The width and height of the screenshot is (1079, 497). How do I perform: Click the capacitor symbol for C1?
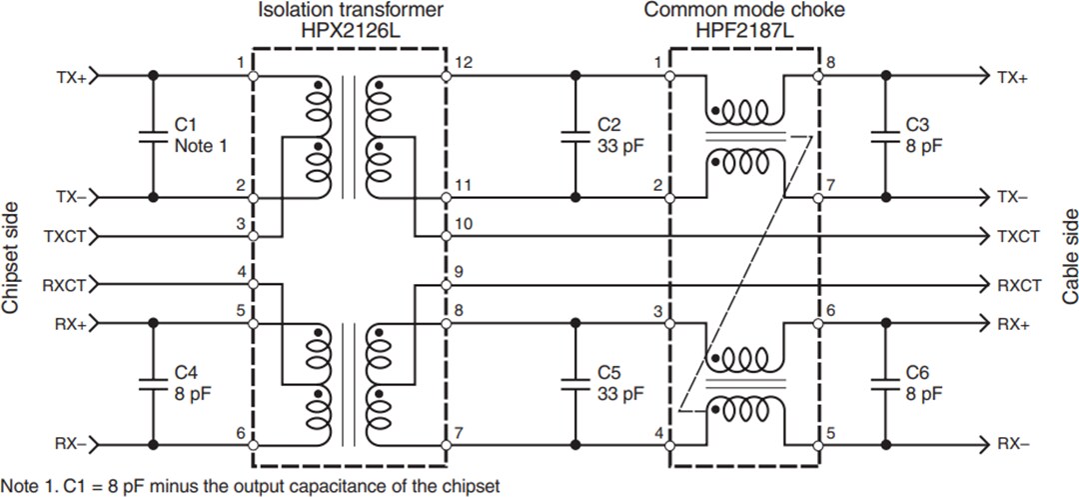(153, 136)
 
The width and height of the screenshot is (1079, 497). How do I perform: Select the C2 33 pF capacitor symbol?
(574, 136)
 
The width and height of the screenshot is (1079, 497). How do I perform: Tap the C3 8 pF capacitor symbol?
(883, 136)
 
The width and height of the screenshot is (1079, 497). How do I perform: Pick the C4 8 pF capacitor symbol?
(153, 383)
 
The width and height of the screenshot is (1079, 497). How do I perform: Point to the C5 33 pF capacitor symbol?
(574, 383)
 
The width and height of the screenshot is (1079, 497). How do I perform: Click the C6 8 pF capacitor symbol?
(883, 383)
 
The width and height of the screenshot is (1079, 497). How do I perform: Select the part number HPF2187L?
(744, 30)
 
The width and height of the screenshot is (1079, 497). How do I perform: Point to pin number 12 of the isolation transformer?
(463, 63)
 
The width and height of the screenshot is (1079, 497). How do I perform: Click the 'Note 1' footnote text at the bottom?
(250, 486)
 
